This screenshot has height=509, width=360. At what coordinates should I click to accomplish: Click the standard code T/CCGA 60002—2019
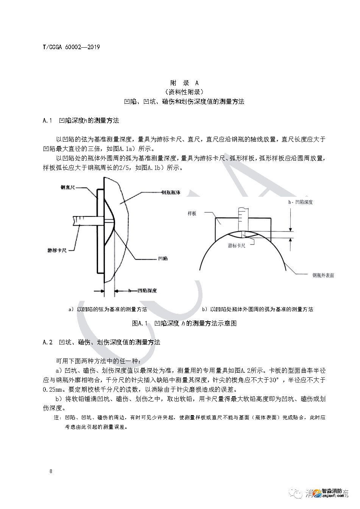[x=71, y=47]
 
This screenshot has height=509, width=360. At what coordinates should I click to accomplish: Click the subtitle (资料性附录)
[x=184, y=92]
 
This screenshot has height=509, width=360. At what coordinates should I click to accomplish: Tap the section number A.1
[x=47, y=121]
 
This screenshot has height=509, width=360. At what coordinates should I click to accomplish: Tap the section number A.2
[x=47, y=342]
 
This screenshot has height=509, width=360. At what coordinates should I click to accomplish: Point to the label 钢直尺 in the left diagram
[x=68, y=187]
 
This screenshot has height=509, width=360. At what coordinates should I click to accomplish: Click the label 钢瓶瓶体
[x=171, y=192]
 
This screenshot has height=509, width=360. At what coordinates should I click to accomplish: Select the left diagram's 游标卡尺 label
[x=57, y=250]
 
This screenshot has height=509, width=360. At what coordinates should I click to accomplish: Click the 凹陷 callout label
[x=163, y=258]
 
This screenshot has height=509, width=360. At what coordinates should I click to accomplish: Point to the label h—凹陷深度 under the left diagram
[x=142, y=291]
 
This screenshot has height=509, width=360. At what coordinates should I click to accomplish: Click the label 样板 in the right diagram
[x=192, y=213]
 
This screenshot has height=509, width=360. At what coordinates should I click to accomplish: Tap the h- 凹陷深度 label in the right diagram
[x=301, y=202]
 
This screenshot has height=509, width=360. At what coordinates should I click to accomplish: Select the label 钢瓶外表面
[x=323, y=275]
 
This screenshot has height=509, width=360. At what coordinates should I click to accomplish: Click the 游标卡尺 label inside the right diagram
[x=237, y=246]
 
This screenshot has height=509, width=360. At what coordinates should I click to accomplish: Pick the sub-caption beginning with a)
[x=108, y=309]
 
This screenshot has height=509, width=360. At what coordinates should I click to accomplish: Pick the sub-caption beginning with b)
[x=257, y=309]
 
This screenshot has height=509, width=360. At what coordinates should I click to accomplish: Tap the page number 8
[x=51, y=471]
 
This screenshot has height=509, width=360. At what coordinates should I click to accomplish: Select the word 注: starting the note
[x=57, y=418]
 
